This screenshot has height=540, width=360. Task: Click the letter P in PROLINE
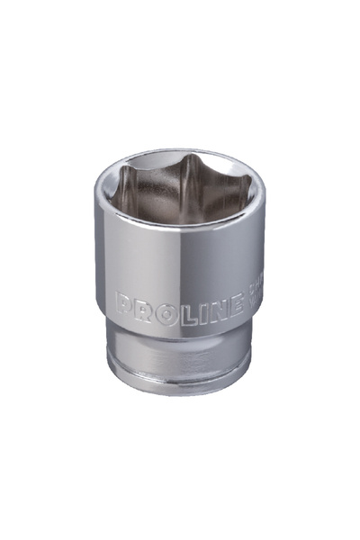[x=123, y=299]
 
